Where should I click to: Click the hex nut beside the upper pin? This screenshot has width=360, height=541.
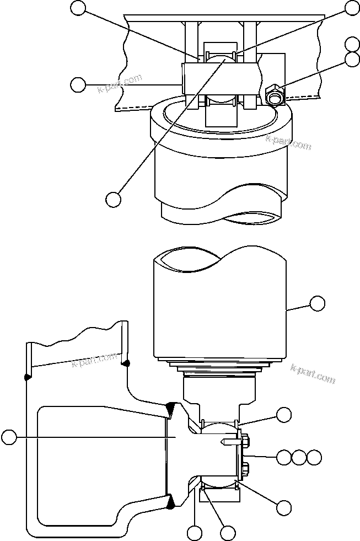click(x=274, y=95)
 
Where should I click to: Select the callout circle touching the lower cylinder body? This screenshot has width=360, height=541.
click(x=317, y=303)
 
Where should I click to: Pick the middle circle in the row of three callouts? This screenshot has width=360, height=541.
click(x=298, y=457)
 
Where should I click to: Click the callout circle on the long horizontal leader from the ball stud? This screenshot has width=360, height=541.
click(x=8, y=438)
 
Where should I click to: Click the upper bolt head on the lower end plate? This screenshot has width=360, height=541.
click(x=245, y=441)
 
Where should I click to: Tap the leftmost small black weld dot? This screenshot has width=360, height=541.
click(x=26, y=377)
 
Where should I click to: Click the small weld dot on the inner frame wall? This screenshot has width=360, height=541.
click(x=126, y=363)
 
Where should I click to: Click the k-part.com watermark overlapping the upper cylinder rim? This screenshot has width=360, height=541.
click(x=288, y=142)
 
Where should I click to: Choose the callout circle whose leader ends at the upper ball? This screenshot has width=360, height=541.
click(x=113, y=199)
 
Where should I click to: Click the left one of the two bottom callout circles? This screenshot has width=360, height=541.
click(x=194, y=533)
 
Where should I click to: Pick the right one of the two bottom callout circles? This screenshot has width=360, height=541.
click(x=227, y=533)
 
